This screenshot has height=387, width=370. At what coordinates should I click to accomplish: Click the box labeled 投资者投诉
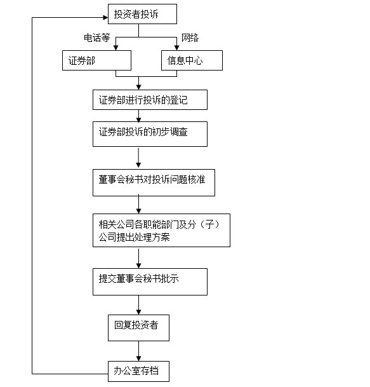pyautogui.click(x=142, y=14)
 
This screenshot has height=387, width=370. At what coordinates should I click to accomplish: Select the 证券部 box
pyautogui.click(x=96, y=60)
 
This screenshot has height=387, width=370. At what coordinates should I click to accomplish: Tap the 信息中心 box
pyautogui.click(x=192, y=60)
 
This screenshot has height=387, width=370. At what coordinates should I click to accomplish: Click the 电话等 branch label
pyautogui.click(x=97, y=37)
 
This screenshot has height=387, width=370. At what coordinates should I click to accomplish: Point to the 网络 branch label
pyautogui.click(x=190, y=37)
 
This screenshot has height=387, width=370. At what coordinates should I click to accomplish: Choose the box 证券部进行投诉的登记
pyautogui.click(x=150, y=100)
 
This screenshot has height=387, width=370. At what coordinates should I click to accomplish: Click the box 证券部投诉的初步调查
pyautogui.click(x=150, y=134)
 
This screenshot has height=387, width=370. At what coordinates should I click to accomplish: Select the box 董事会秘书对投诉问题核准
pyautogui.click(x=154, y=182)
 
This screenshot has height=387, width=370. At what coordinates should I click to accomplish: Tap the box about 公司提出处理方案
pyautogui.click(x=161, y=230)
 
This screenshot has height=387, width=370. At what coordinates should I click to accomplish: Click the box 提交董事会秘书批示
pyautogui.click(x=150, y=282)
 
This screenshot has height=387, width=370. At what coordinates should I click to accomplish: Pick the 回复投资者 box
pyautogui.click(x=138, y=328)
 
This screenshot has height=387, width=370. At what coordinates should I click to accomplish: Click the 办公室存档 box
pyautogui.click(x=138, y=371)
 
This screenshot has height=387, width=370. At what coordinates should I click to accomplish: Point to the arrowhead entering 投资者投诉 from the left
pyautogui.click(x=105, y=17)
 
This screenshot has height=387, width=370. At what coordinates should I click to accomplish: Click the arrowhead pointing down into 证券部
pyautogui.click(x=116, y=48)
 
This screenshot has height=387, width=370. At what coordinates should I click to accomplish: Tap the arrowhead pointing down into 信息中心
pyautogui.click(x=176, y=48)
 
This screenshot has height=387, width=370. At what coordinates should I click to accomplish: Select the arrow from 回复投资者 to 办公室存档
pyautogui.click(x=138, y=351)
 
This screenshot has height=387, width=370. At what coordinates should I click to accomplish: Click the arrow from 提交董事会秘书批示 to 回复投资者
pyautogui.click(x=138, y=305)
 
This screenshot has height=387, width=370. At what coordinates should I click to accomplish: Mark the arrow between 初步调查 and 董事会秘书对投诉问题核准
pyautogui.click(x=138, y=158)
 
